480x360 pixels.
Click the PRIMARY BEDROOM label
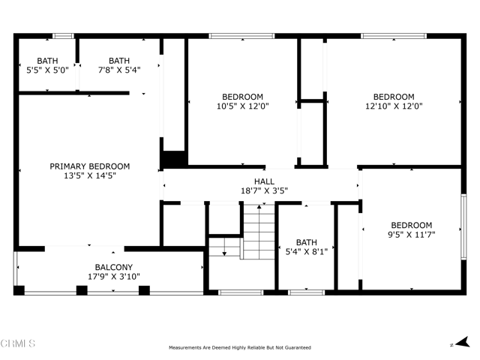pyautogui.click(x=90, y=166)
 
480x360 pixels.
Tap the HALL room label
pyautogui.click(x=264, y=181)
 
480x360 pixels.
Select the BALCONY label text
pyautogui.click(x=113, y=267)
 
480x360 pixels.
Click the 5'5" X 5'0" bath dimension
pyautogui.click(x=47, y=70)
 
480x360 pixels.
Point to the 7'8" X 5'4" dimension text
pyautogui.click(x=119, y=70)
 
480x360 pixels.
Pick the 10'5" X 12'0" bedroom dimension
pyautogui.click(x=243, y=106)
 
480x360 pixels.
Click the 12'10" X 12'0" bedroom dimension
pyautogui.click(x=394, y=106)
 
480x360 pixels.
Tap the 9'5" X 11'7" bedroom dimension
pyautogui.click(x=412, y=235)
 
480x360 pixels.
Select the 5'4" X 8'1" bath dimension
pyautogui.click(x=307, y=252)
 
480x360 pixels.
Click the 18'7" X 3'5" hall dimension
pyautogui.click(x=264, y=190)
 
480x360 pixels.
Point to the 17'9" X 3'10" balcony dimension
pyautogui.click(x=113, y=277)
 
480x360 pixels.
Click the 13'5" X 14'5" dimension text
pyautogui.click(x=90, y=175)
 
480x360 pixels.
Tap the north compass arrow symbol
pyautogui.click(x=463, y=342)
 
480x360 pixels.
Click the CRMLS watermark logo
pyautogui.click(x=18, y=343)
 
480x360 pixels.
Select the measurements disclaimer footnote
pyautogui.click(x=240, y=347)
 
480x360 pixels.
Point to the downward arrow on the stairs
pyautogui.click(x=224, y=247)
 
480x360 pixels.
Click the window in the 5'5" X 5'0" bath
pyautogui.click(x=63, y=36)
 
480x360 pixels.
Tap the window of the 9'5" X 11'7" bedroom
pyautogui.click(x=463, y=226)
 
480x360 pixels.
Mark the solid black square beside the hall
pyautogui.click(x=175, y=158)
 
